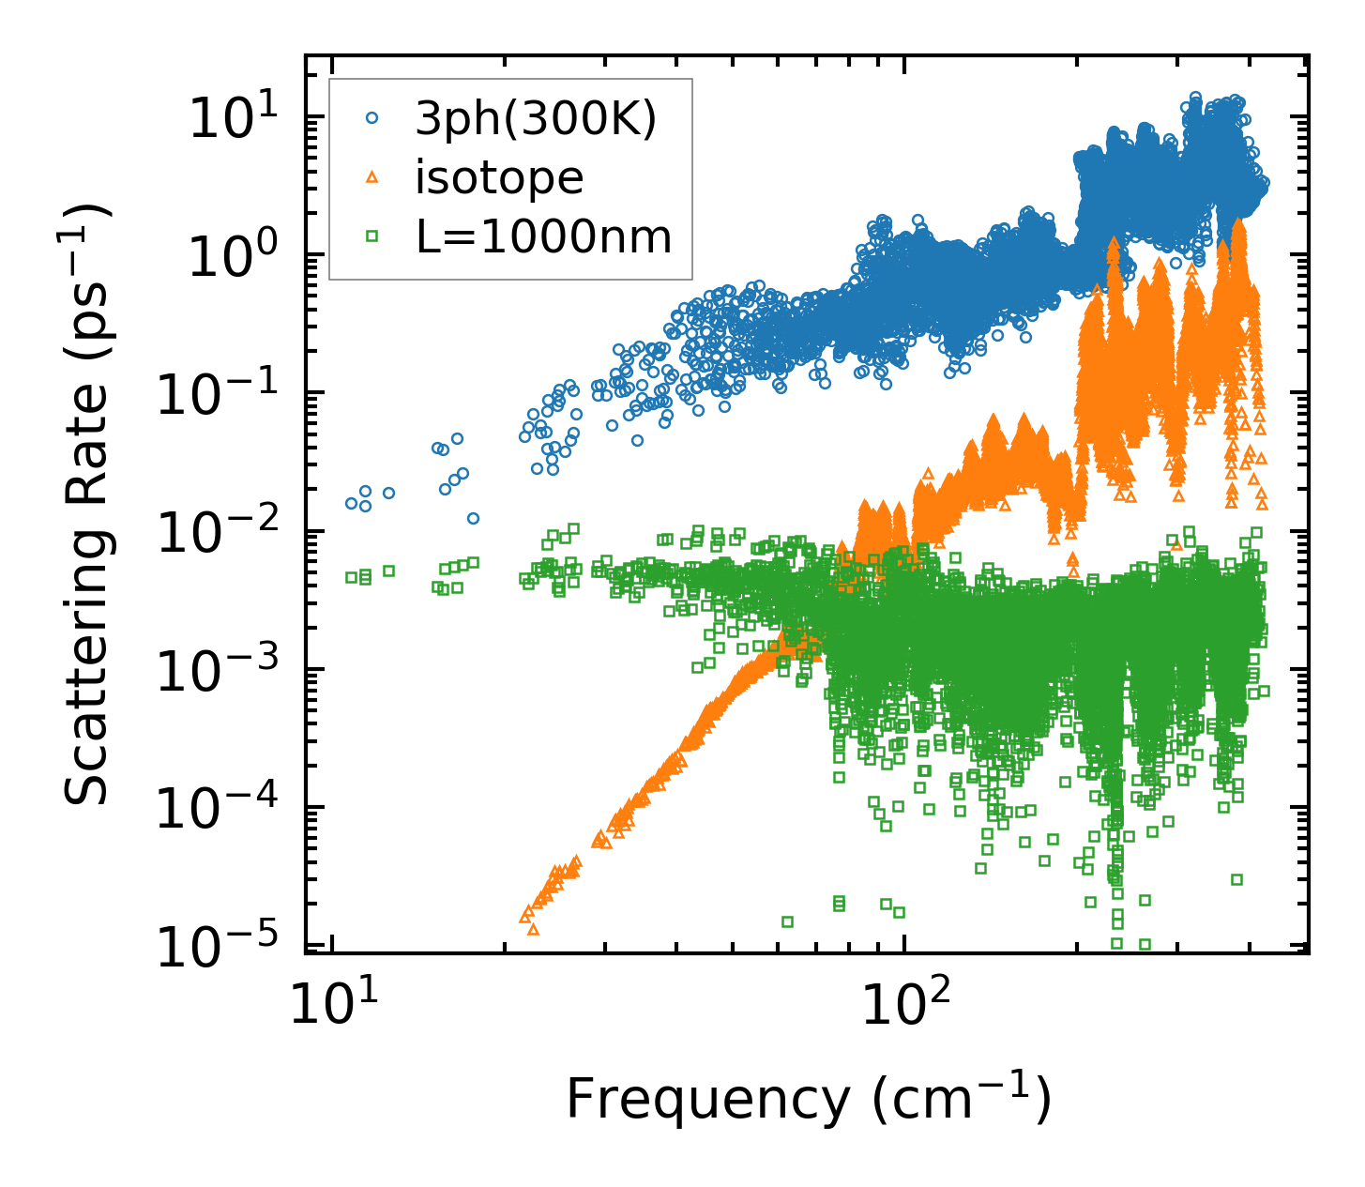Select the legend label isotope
coord(500,177)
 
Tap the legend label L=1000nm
coord(544,237)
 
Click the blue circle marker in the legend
coord(372,118)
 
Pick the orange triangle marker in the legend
coord(372,176)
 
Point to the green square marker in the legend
coord(372,236)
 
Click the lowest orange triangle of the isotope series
coord(533,929)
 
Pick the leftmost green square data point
coord(352,577)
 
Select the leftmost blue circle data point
coord(352,503)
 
